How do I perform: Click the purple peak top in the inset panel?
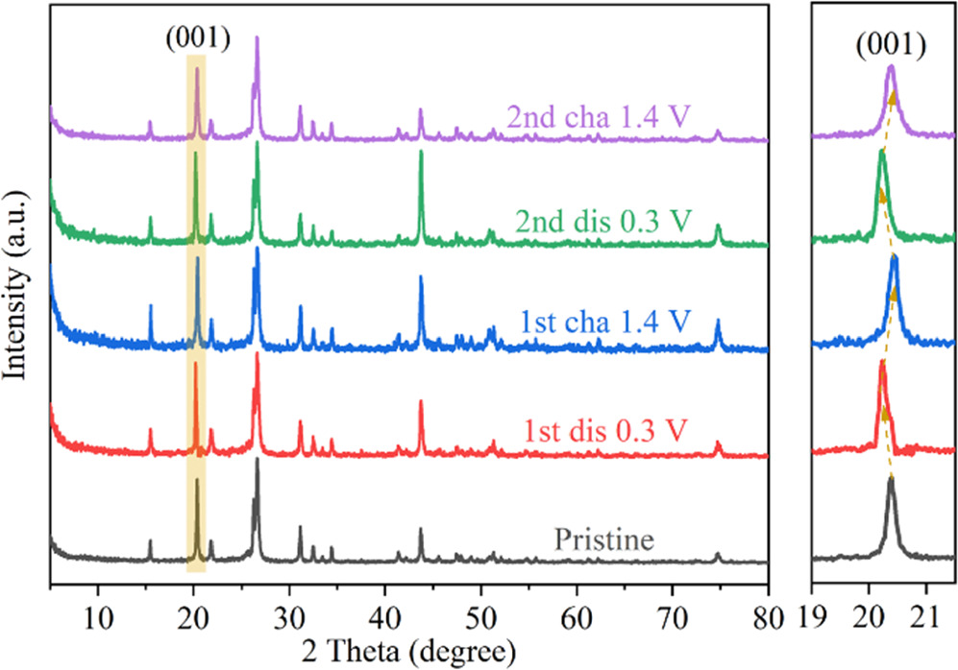tap(891, 67)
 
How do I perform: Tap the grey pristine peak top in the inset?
tap(890, 478)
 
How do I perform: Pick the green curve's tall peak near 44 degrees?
tap(421, 154)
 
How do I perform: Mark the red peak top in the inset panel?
tap(881, 362)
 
